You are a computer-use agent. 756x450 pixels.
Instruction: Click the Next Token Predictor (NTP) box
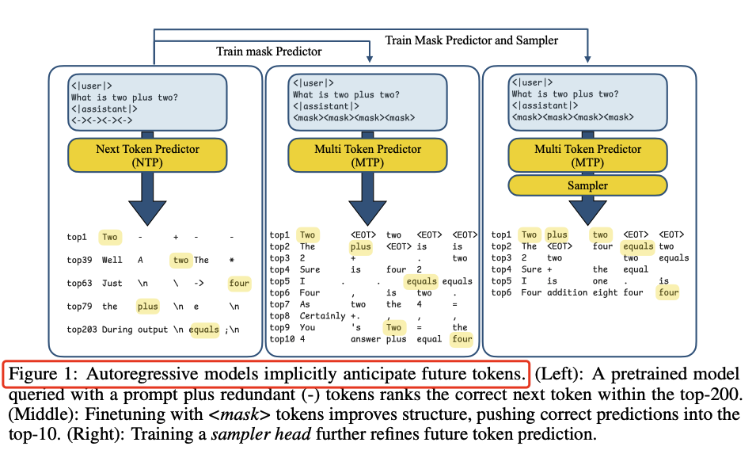click(x=147, y=155)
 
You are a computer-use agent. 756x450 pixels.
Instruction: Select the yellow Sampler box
click(x=587, y=185)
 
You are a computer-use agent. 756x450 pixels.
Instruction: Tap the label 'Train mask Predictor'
click(x=268, y=51)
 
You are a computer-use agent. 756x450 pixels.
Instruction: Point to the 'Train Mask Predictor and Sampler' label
click(x=472, y=40)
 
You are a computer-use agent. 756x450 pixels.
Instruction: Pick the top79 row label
click(x=79, y=307)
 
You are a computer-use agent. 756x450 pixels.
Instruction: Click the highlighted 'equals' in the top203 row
click(x=204, y=330)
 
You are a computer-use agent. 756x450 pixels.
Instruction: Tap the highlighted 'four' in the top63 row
click(x=239, y=283)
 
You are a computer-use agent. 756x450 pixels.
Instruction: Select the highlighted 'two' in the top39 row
click(x=180, y=260)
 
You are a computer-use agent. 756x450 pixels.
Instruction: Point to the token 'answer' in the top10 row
click(x=366, y=339)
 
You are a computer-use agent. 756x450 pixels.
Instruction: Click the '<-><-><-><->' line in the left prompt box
click(x=102, y=120)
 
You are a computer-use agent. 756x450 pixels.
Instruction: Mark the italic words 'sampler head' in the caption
click(x=260, y=434)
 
